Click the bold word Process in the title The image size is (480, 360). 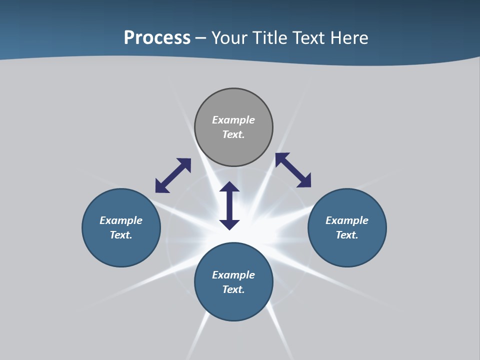pyautogui.click(x=157, y=38)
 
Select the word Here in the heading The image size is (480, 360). pyautogui.click(x=348, y=38)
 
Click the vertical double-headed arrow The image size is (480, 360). pyautogui.click(x=229, y=205)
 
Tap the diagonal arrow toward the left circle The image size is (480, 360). pyautogui.click(x=173, y=175)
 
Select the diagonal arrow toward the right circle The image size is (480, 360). pyautogui.click(x=293, y=170)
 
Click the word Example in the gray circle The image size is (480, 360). pyautogui.click(x=233, y=120)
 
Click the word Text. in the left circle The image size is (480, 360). pyautogui.click(x=121, y=235)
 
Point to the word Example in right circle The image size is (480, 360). pyautogui.click(x=347, y=220)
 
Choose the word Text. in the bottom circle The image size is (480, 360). pyautogui.click(x=233, y=289)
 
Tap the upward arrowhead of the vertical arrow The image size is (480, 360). pyautogui.click(x=229, y=187)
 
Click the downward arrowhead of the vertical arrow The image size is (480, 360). pyautogui.click(x=229, y=224)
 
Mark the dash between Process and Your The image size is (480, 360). pyautogui.click(x=200, y=38)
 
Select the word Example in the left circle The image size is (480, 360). pyautogui.click(x=121, y=220)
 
